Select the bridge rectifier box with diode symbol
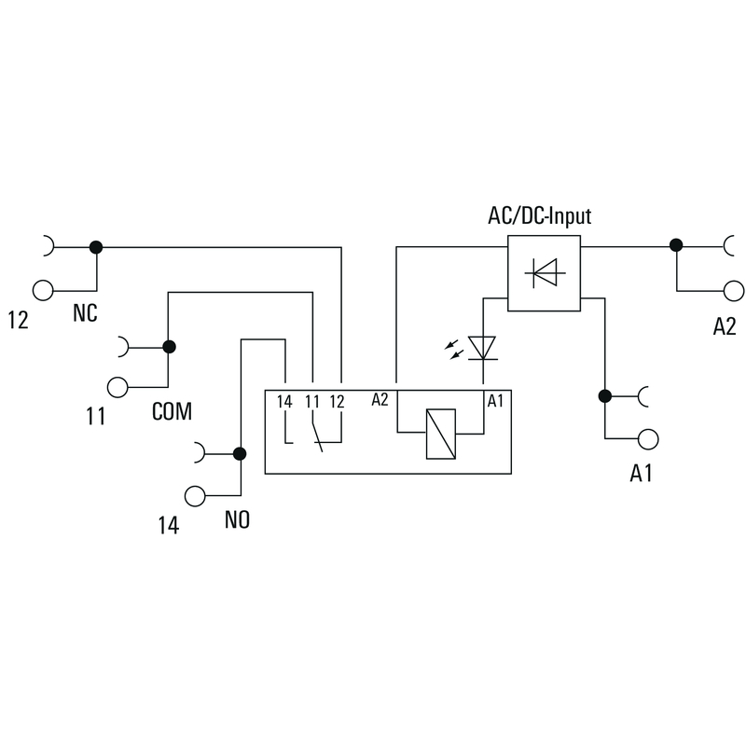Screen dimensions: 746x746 point(544,272)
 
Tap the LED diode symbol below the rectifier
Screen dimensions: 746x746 point(482,349)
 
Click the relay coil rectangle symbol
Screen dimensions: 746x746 point(439,434)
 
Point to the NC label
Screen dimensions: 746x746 point(85,315)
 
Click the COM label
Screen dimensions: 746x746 point(172,411)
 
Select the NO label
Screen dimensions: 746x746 point(237,520)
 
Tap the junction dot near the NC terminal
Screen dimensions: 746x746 point(95,247)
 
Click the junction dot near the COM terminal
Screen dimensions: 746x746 point(169,348)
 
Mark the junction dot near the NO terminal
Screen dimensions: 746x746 point(240,454)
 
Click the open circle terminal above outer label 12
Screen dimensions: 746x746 point(43,289)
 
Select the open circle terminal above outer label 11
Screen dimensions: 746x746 point(117,386)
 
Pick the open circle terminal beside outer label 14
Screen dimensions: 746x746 point(195,495)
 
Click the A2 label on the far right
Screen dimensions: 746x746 point(725,325)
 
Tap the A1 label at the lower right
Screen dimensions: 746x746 point(641,474)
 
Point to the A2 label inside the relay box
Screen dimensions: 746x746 point(380,401)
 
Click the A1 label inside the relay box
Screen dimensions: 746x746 point(496,401)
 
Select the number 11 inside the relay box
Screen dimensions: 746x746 point(313,402)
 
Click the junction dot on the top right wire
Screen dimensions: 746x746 point(675,246)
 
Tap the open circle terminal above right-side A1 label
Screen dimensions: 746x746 point(648,438)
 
